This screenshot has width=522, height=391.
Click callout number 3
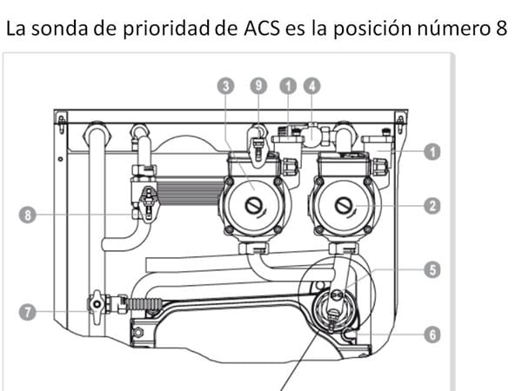click(x=225, y=86)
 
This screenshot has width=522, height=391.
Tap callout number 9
click(x=258, y=86)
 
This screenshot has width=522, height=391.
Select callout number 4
click(x=312, y=86)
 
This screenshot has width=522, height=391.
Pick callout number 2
click(x=432, y=206)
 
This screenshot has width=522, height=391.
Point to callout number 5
click(x=432, y=269)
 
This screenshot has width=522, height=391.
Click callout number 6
click(x=432, y=335)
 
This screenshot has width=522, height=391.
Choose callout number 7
click(x=27, y=312)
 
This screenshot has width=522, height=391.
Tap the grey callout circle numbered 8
click(x=27, y=215)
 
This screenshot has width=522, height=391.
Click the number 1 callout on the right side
click(x=432, y=152)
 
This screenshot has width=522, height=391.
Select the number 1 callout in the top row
click(x=288, y=86)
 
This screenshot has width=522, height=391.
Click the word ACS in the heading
click(x=262, y=29)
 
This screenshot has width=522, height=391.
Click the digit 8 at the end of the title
click(x=501, y=29)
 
